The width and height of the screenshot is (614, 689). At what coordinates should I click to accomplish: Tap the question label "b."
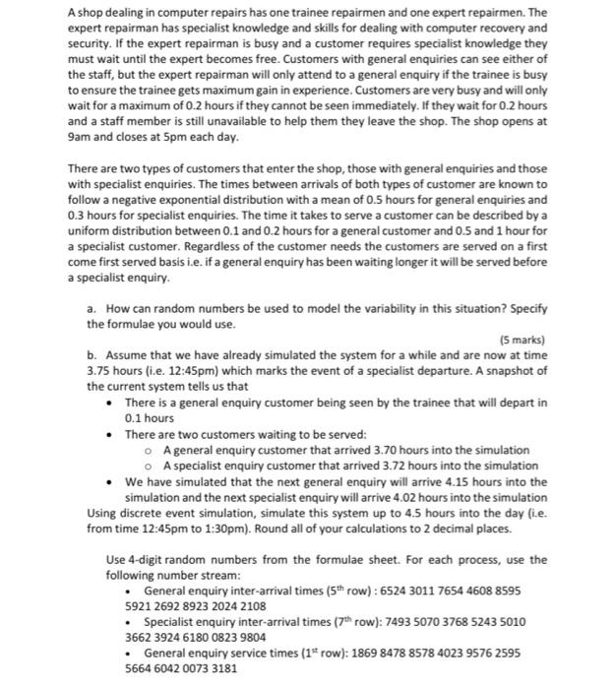click(92, 355)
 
